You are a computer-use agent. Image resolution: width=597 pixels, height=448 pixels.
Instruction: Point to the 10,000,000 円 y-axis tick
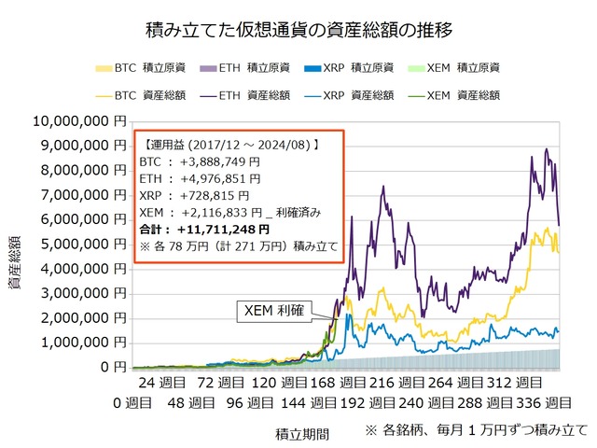78,121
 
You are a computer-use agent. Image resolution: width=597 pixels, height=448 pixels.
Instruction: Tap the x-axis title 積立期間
300,432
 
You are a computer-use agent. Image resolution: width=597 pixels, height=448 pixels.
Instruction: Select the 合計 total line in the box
204,229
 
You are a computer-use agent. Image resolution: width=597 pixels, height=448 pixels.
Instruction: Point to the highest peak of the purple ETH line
546,149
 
